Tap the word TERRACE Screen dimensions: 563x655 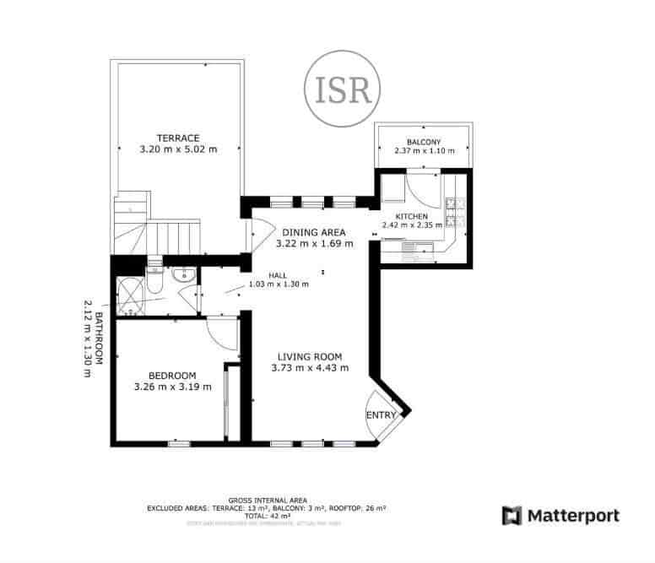(177, 138)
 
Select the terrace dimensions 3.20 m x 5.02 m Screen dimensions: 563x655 (177, 149)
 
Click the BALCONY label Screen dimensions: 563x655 (424, 142)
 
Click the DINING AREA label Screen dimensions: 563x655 (314, 232)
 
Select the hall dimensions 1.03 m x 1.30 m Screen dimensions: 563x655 (279, 284)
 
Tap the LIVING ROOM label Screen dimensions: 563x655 (311, 356)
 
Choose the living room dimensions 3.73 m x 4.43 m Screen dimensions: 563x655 (311, 368)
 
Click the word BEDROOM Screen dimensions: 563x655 (172, 376)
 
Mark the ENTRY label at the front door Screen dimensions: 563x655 (381, 415)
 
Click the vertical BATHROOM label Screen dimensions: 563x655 (98, 338)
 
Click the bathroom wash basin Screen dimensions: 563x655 (182, 274)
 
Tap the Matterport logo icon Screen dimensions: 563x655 (512, 516)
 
